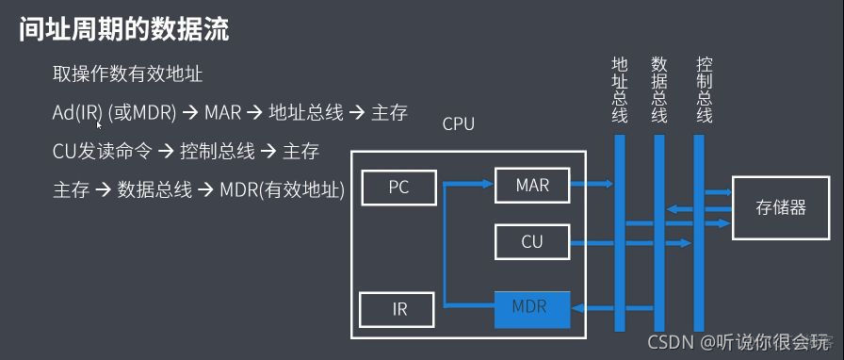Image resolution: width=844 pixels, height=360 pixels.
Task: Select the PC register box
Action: (398, 186)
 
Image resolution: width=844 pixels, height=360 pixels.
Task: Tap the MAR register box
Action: (532, 185)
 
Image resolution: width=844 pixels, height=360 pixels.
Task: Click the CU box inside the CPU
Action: (532, 242)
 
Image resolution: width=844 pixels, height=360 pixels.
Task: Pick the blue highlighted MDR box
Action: (532, 307)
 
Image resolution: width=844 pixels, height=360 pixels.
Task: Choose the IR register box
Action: (398, 308)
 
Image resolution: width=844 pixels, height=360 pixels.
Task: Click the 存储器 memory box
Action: (781, 207)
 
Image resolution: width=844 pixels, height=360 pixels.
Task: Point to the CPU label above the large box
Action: (459, 123)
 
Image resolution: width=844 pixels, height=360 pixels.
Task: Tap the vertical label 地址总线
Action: (619, 90)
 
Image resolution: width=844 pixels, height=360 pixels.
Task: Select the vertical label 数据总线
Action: (659, 90)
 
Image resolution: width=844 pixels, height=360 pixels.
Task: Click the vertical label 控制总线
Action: (704, 90)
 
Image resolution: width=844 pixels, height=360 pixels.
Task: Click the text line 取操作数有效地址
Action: (127, 74)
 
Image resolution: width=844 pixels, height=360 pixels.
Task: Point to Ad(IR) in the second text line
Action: (77, 113)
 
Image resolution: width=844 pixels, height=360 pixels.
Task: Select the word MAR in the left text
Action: (224, 113)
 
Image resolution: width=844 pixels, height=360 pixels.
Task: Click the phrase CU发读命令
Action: (101, 152)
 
